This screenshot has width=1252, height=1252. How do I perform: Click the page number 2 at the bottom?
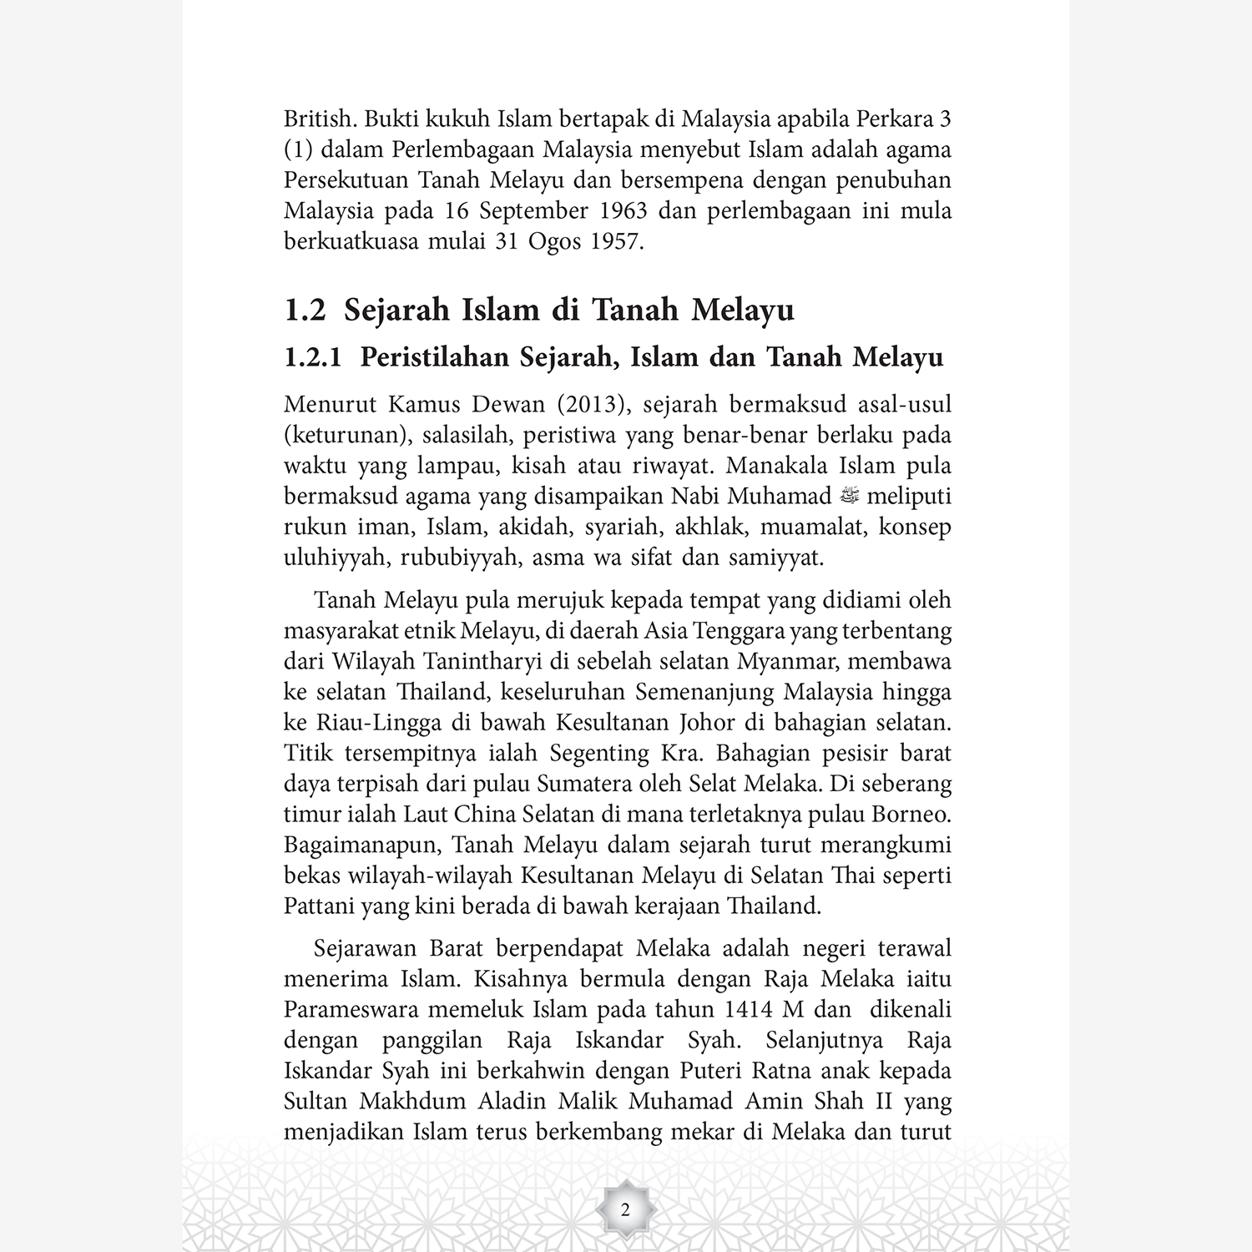click(x=625, y=1209)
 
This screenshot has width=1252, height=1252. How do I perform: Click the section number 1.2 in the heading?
click(x=305, y=310)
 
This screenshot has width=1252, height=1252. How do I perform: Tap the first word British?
click(x=321, y=119)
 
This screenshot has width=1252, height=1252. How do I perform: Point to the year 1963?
click(x=622, y=210)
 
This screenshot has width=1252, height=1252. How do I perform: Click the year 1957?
click(x=615, y=241)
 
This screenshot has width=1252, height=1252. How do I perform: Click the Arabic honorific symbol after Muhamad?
click(x=849, y=497)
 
